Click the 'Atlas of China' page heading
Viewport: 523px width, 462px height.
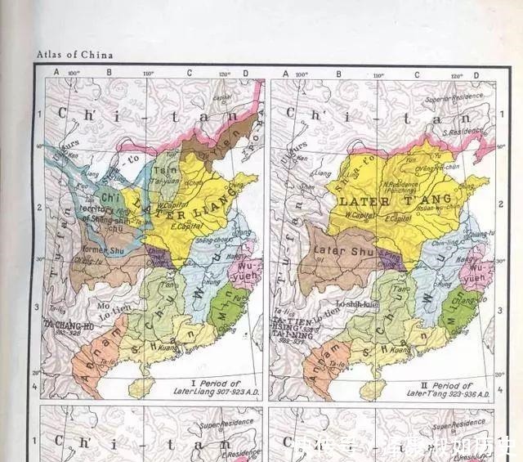[x=74, y=55]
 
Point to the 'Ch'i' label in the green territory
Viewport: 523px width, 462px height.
[x=109, y=197]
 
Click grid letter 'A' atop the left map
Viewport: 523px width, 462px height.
[x=56, y=73]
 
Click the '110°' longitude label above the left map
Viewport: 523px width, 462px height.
[x=148, y=74]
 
